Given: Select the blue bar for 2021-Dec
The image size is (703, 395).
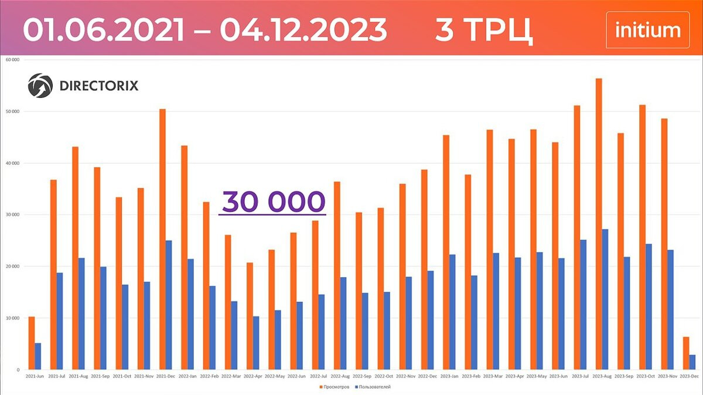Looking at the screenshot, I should coord(169,305).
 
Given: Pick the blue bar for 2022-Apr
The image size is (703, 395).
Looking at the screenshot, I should coord(256,343).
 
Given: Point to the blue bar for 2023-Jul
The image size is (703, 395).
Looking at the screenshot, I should coord(583,304).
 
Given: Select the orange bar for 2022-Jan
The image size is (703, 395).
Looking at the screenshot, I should coord(184,257).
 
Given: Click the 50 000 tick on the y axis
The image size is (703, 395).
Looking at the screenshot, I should coord(12,111).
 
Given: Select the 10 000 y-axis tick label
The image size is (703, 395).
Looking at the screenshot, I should coord(12,318).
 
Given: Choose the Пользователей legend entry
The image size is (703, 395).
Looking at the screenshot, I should coord(376,387).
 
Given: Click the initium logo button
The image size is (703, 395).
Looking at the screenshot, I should coord(647,30).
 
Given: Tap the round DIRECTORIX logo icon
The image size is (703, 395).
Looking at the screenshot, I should coord(40,86).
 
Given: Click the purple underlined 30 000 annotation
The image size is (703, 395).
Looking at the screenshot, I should coord(272,202).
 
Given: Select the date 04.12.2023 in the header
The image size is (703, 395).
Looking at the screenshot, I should coord(303,29).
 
